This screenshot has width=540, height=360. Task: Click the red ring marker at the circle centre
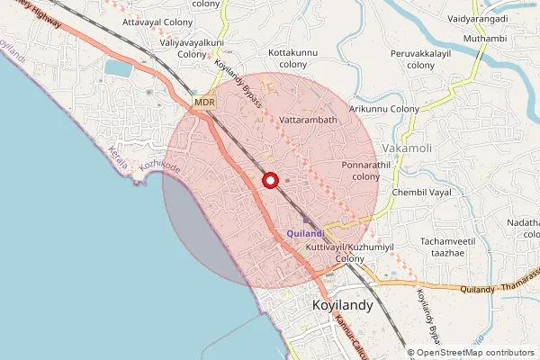click(269, 180)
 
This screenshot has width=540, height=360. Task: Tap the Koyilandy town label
click(342, 306)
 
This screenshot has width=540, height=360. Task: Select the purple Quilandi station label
click(305, 234)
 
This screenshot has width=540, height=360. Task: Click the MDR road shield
click(204, 103)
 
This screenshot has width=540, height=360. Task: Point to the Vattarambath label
click(308, 120)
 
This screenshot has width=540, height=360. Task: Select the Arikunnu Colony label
click(385, 109)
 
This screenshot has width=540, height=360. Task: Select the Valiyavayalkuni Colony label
click(192, 48)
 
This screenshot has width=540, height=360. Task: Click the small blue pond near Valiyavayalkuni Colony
click(117, 67)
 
